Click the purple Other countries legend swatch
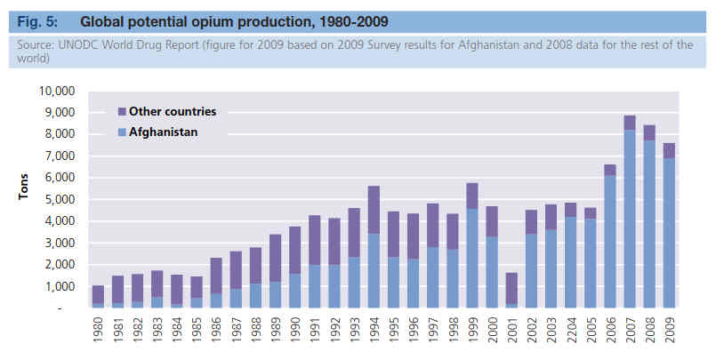[x=122, y=112]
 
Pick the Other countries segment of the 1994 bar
[x=374, y=210]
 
